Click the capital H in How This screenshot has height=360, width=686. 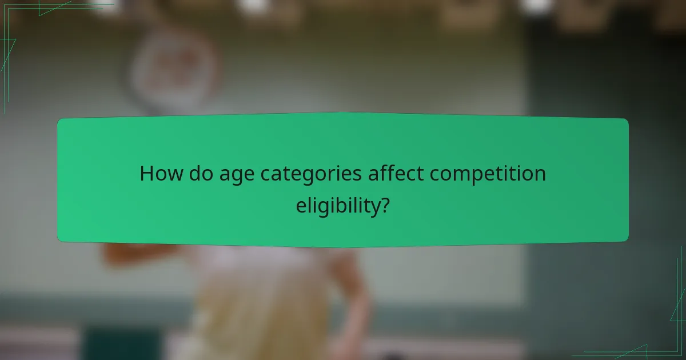[147, 174]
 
